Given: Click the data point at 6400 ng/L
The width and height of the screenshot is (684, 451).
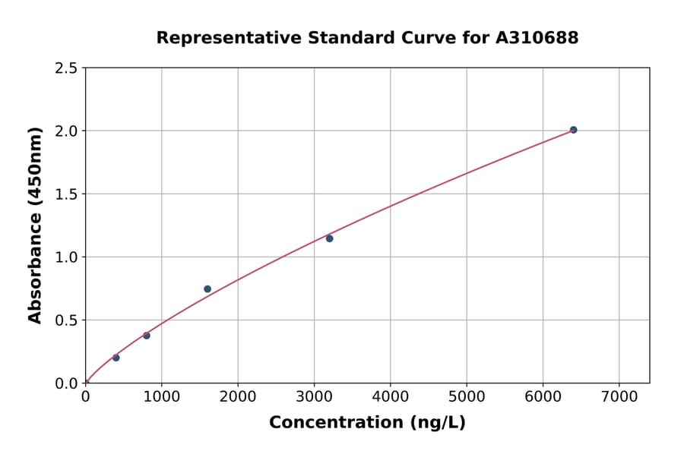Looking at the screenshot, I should [x=573, y=130].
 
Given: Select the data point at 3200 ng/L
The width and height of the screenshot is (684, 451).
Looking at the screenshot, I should [x=329, y=238].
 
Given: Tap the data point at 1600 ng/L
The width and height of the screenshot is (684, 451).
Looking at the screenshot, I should [x=207, y=289].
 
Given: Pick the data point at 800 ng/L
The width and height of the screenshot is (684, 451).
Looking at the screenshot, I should [x=147, y=336].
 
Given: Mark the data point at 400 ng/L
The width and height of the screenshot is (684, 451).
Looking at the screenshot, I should [x=116, y=358].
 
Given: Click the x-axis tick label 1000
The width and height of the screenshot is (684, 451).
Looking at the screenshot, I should [x=161, y=397].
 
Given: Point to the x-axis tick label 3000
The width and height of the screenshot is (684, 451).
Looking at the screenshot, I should [x=314, y=397].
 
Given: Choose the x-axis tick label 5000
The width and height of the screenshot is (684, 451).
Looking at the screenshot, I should [x=466, y=397].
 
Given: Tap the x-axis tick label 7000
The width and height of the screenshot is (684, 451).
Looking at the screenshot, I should [x=619, y=397].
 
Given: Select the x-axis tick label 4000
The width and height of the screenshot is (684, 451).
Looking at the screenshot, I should [x=390, y=397].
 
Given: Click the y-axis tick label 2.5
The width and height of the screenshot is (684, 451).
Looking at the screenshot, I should [x=66, y=68].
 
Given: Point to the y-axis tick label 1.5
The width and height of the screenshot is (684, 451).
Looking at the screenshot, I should [x=66, y=194].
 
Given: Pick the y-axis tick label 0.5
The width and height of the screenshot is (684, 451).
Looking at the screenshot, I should [x=66, y=320].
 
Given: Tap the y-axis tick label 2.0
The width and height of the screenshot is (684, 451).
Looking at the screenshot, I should [x=66, y=131].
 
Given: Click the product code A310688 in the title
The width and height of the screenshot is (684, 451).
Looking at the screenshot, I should [x=537, y=38].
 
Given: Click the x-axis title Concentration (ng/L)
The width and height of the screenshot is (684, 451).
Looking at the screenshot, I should [x=367, y=423].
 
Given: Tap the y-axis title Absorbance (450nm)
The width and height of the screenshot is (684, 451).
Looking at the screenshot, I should [x=35, y=225].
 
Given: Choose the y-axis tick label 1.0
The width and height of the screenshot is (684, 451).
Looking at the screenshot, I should [x=66, y=257].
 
